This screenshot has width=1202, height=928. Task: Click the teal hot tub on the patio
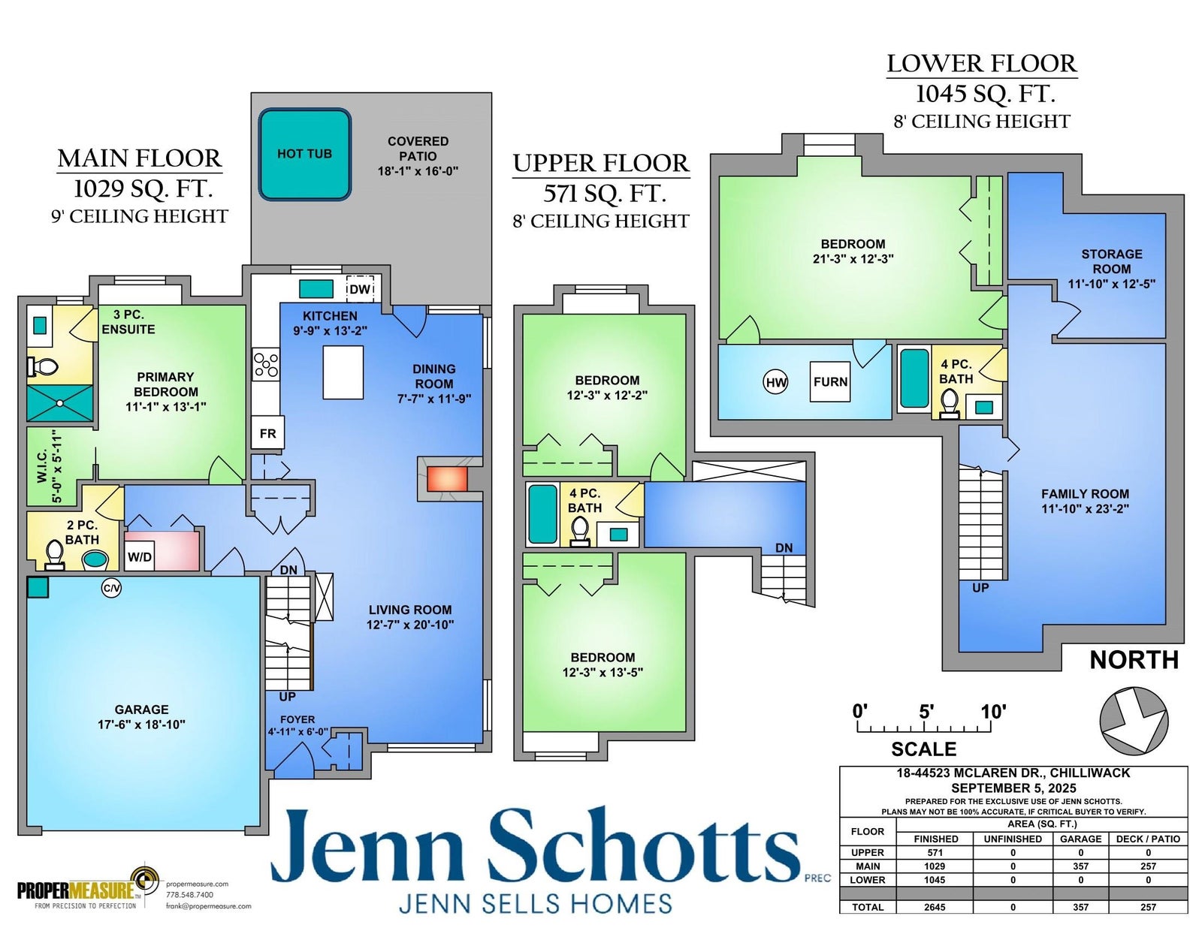pos(305,154)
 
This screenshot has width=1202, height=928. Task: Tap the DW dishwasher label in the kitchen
pos(360,290)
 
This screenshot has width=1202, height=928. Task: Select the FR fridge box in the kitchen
pos(267,432)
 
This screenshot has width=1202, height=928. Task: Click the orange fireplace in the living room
pos(447,478)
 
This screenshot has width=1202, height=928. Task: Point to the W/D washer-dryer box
pos(140,556)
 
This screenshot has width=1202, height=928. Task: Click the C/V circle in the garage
pos(111,588)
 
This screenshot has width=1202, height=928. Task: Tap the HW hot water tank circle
pos(775,382)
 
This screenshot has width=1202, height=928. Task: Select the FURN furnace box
pos(830,381)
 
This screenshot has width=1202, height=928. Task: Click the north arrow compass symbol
pos(1134,721)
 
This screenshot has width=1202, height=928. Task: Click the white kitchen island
pos(343,372)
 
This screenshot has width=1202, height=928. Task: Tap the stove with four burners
pos(266,364)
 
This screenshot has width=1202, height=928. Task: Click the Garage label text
pos(141,709)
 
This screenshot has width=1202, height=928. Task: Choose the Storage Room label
pos(1112,261)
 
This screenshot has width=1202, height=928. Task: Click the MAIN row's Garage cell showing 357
pos(1080,866)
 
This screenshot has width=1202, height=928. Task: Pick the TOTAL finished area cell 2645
pos(935,907)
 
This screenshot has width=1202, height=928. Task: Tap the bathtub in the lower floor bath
pos(914,378)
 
